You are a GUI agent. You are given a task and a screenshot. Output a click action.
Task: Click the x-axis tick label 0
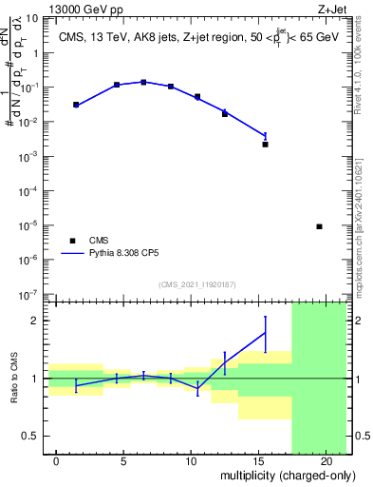point(57,461)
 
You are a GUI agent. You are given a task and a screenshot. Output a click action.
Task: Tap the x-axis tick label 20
point(326,461)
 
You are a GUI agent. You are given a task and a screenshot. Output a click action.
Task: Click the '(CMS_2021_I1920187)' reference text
point(196,284)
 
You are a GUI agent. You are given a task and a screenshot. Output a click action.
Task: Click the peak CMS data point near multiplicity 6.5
point(143,82)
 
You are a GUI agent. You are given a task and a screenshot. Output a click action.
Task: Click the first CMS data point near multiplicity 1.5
point(76,105)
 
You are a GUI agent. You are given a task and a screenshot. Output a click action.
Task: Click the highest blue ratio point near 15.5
point(265,332)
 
